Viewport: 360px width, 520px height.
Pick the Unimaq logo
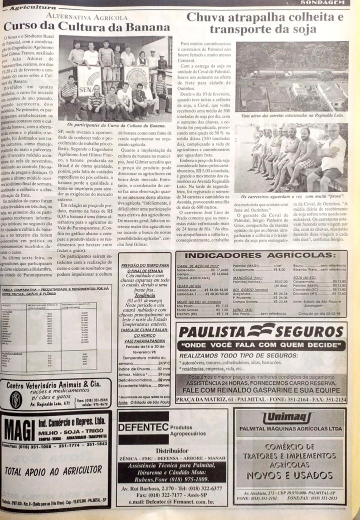[x=288, y=417]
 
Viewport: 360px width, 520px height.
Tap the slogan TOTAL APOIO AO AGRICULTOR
[x=53, y=470]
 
